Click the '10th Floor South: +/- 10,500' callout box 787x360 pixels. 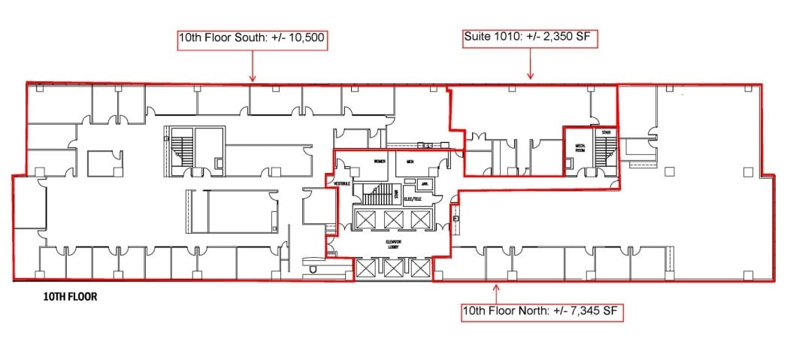tap(252, 39)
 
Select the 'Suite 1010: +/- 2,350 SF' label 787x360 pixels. tap(531, 36)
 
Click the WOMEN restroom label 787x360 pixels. tap(380, 162)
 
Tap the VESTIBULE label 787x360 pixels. tap(342, 183)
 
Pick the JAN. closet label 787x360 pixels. tap(424, 183)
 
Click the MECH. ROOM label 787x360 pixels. tap(580, 147)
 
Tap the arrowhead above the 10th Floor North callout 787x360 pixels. tap(495, 285)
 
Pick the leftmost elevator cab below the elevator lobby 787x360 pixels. tap(365, 268)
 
